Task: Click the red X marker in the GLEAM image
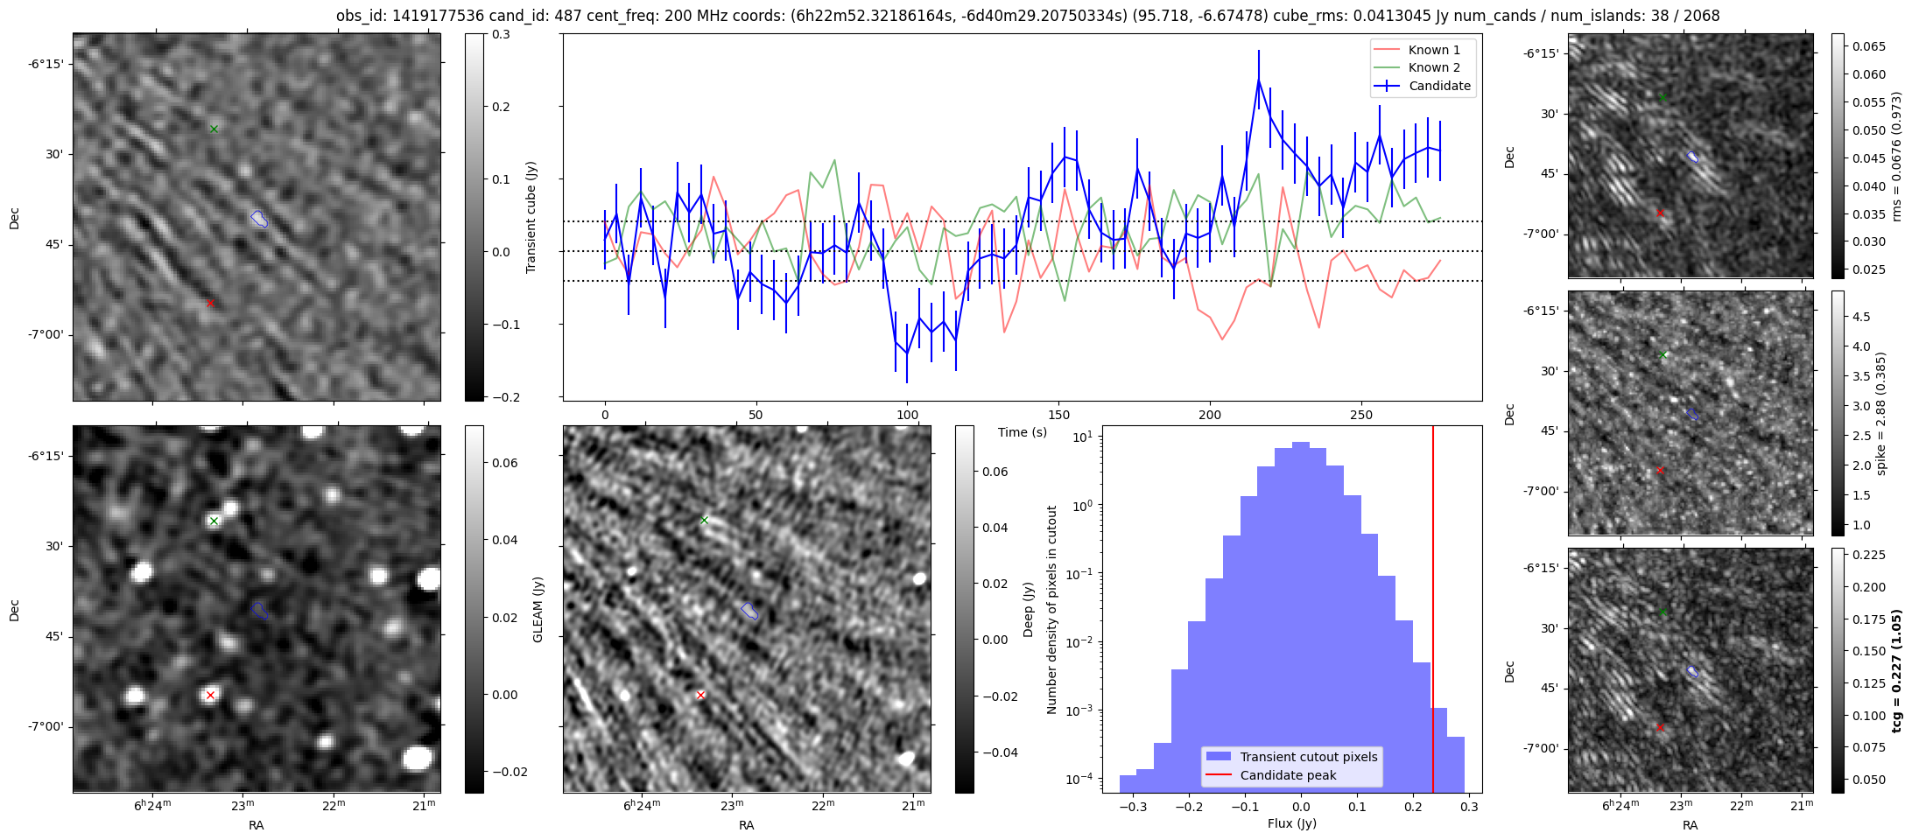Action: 210,696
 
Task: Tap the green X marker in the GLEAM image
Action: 214,521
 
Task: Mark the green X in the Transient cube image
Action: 214,129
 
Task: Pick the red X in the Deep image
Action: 700,696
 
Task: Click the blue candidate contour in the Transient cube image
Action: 259,219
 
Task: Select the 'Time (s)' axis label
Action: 1023,432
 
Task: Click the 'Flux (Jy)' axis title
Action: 1291,823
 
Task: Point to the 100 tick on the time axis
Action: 908,415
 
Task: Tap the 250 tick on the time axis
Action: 1361,415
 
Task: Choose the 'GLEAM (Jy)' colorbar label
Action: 538,609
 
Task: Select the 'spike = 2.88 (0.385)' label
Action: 1881,413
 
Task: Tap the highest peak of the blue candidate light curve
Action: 1258,80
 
